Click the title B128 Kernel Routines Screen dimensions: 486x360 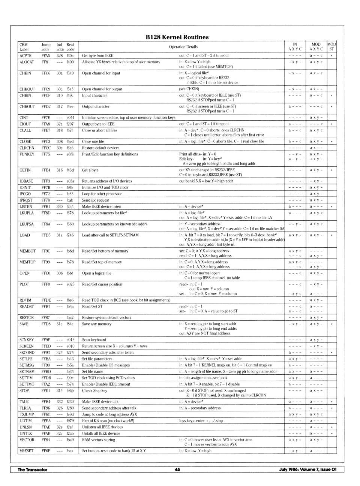(x=177, y=37)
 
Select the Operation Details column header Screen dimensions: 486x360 (x=183, y=47)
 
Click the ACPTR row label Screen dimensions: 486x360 (x=25, y=55)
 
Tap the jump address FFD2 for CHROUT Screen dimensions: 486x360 (x=46, y=106)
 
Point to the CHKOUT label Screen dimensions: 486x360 (x=27, y=89)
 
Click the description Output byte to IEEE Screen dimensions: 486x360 (x=98, y=124)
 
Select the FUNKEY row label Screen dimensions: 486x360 (x=27, y=154)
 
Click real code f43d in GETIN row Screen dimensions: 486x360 (x=70, y=170)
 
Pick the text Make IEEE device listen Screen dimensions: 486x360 (x=102, y=206)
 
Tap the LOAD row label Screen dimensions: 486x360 (x=25, y=235)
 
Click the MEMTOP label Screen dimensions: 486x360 (x=27, y=262)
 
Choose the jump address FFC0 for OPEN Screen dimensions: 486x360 (x=46, y=273)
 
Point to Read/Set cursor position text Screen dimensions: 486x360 (x=102, y=284)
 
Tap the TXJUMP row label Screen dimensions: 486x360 (x=27, y=414)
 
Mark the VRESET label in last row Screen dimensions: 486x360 (x=26, y=451)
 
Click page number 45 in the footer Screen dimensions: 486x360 (x=177, y=470)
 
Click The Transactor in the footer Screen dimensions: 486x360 (x=33, y=470)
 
